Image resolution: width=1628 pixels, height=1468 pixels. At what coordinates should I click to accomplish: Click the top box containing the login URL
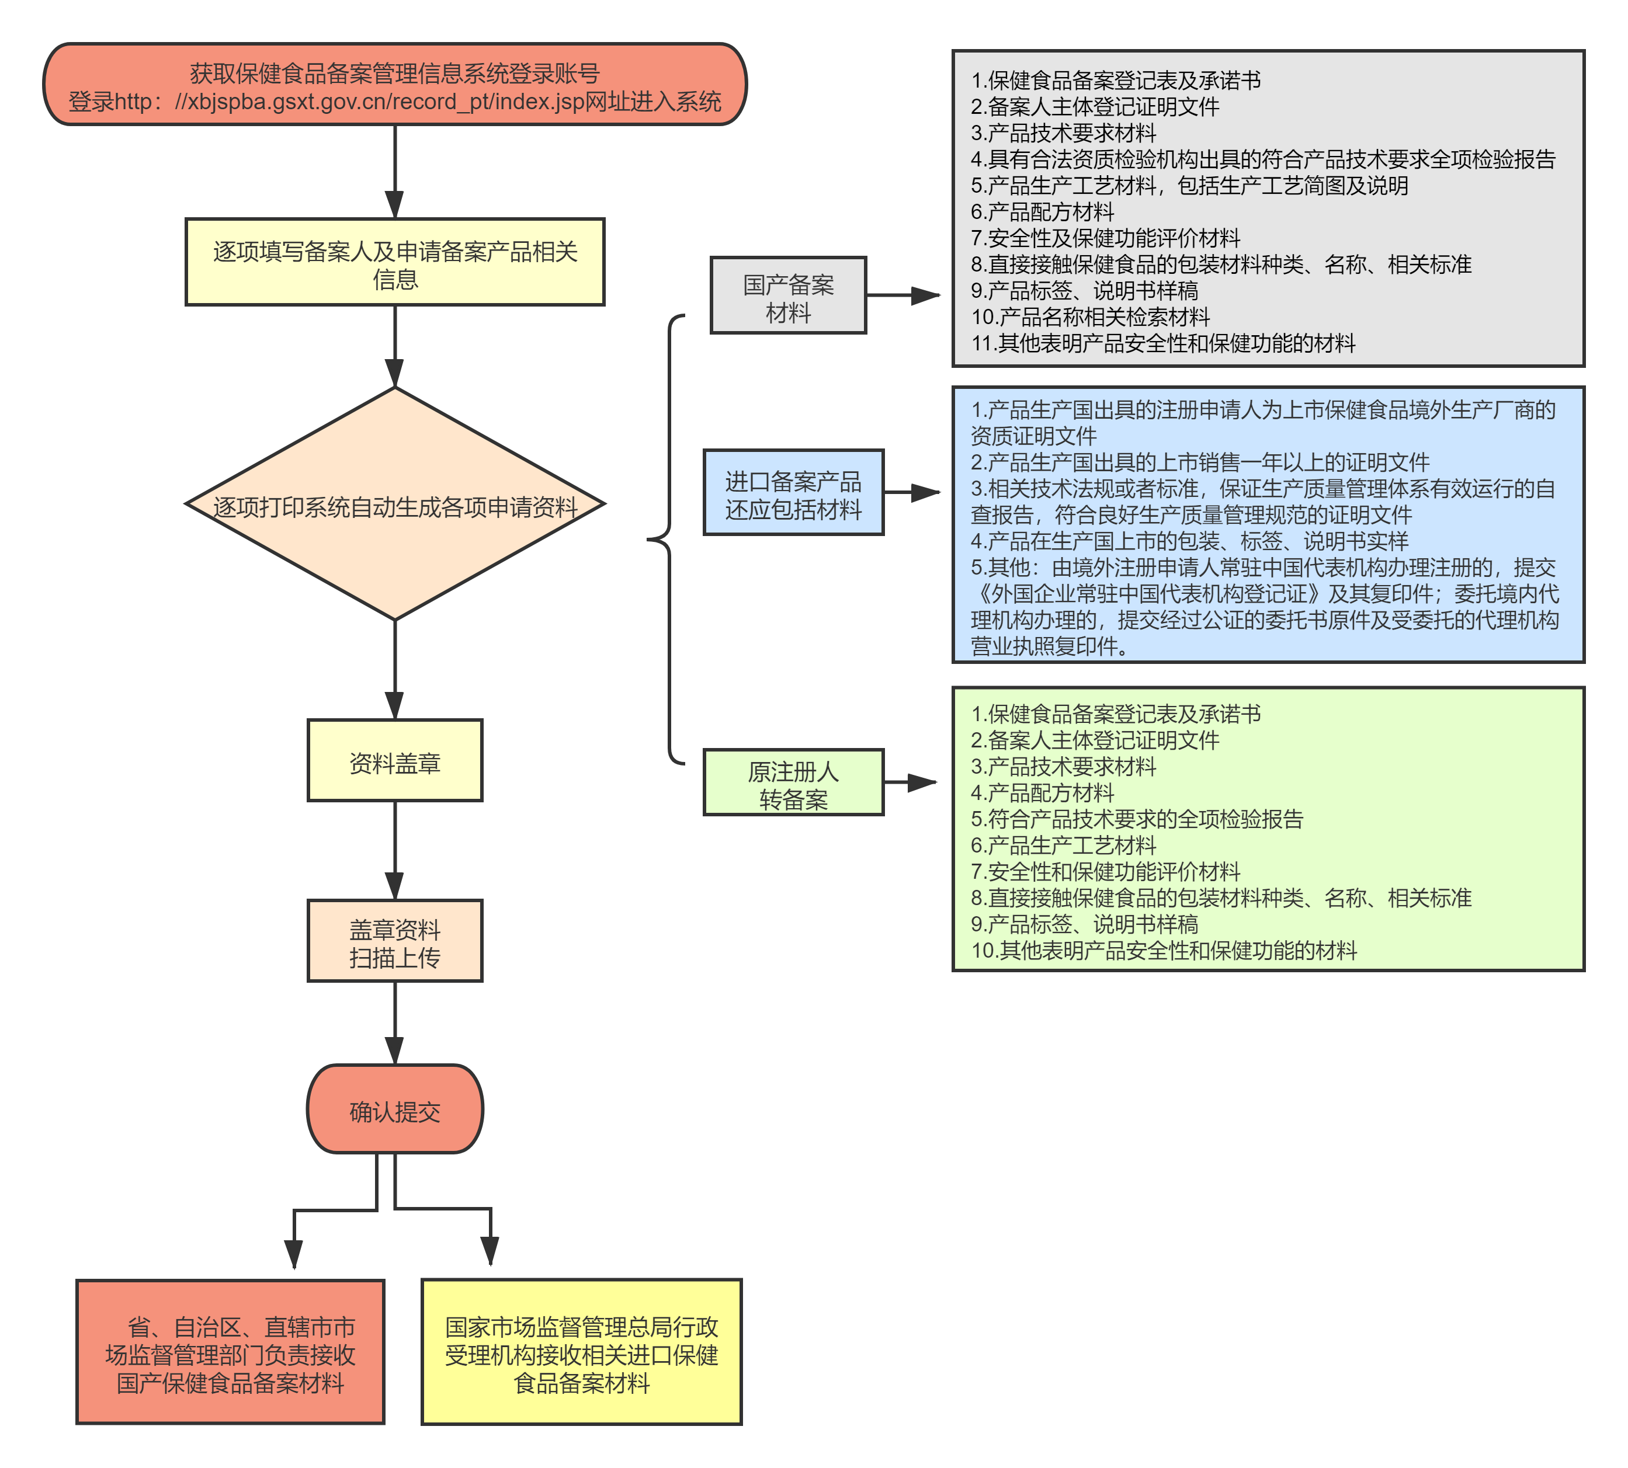tap(394, 85)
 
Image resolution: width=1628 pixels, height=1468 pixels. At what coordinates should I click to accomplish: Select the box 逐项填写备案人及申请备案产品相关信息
tap(394, 263)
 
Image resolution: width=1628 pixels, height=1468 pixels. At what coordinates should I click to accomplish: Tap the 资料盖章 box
tap(394, 761)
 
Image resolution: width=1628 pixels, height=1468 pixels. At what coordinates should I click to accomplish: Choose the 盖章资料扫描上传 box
tap(394, 941)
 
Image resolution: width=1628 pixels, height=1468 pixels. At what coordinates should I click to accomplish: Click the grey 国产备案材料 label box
tap(787, 296)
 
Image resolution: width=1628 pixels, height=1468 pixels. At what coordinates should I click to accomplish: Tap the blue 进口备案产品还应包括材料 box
tap(793, 493)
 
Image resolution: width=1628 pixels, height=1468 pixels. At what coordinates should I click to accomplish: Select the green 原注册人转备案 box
tap(793, 782)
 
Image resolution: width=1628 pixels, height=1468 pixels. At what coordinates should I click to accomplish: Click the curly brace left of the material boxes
tap(669, 539)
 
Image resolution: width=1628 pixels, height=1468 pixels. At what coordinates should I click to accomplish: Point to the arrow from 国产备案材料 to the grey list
tap(904, 296)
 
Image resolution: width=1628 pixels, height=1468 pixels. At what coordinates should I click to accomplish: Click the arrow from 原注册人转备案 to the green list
tap(911, 782)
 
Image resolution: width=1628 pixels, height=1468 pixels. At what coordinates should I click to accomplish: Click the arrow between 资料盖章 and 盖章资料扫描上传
tap(394, 851)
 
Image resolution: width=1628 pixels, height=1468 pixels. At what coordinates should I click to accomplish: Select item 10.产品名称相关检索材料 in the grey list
tap(1091, 317)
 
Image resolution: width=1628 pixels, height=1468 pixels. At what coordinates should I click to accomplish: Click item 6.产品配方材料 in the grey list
tap(1042, 212)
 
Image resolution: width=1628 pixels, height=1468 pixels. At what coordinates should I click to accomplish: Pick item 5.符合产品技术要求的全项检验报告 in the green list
tap(1137, 819)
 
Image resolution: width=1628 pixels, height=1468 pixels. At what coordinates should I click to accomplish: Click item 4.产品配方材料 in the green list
tap(1042, 793)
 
